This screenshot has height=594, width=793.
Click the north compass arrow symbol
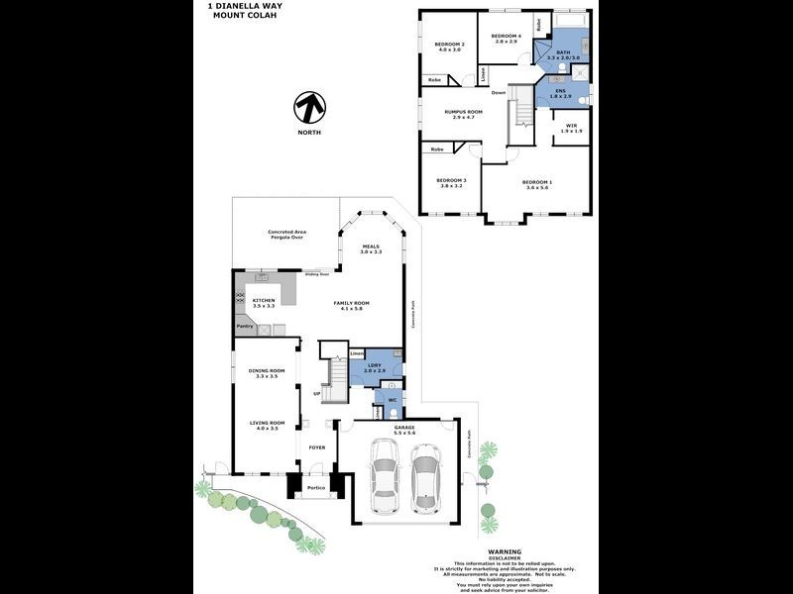(311, 107)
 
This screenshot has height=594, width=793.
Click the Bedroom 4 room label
(506, 38)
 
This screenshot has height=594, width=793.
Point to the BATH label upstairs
(563, 51)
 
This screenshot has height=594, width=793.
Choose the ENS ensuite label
(560, 91)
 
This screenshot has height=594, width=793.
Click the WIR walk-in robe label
(572, 126)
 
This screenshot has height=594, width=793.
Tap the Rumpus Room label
(464, 113)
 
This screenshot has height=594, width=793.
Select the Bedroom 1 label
(537, 183)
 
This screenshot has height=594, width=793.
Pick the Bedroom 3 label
(451, 181)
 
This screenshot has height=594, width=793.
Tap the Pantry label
(245, 326)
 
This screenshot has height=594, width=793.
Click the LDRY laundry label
(373, 365)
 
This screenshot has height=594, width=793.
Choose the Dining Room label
(266, 372)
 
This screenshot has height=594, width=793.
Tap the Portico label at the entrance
(315, 487)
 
